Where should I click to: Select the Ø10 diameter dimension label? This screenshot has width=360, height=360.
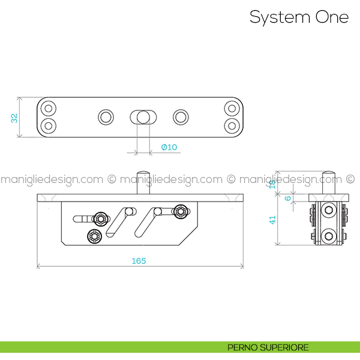pyautogui.click(x=169, y=147)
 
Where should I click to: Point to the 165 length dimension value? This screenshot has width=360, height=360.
pyautogui.click(x=139, y=260)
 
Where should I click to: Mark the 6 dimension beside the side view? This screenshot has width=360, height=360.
pyautogui.click(x=288, y=198)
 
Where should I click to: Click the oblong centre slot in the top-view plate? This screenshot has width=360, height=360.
pyautogui.click(x=142, y=116)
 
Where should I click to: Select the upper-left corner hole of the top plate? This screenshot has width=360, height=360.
pyautogui.click(x=48, y=109)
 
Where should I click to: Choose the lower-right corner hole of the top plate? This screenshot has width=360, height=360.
pyautogui.click(x=232, y=126)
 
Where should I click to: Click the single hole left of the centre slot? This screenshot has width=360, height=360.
pyautogui.click(x=106, y=116)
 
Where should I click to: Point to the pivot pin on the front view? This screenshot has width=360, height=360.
pyautogui.click(x=143, y=182)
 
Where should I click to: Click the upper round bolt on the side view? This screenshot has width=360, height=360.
pyautogui.click(x=328, y=211)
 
